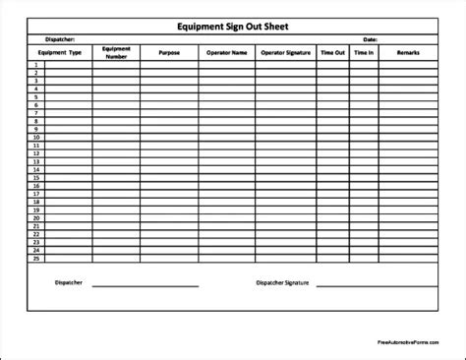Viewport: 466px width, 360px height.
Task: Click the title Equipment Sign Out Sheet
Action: tap(233, 28)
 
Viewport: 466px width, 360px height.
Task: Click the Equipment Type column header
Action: tap(60, 52)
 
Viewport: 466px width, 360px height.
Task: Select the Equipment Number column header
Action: tap(116, 52)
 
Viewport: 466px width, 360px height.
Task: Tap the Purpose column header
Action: tap(169, 52)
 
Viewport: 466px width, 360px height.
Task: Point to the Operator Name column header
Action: tap(225, 52)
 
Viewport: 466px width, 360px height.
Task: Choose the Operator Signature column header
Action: tap(285, 52)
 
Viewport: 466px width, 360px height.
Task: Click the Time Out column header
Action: tap(332, 52)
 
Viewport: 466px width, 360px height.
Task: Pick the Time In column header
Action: tap(365, 52)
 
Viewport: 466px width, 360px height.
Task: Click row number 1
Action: tap(35, 64)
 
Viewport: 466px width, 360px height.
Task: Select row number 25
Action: tap(35, 258)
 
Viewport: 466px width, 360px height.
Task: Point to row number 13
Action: tap(35, 161)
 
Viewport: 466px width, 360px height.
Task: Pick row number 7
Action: tap(35, 113)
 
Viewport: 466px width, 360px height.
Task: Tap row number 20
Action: tap(35, 217)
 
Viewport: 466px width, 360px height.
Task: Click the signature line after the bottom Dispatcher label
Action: tap(145, 287)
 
